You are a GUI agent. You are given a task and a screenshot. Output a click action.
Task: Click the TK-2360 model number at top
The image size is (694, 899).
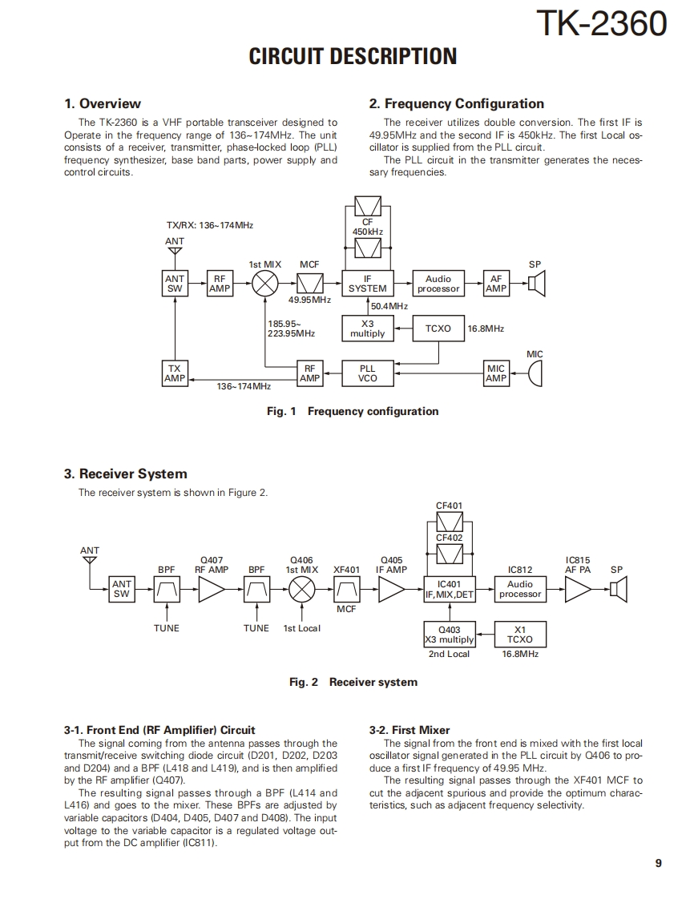(600, 23)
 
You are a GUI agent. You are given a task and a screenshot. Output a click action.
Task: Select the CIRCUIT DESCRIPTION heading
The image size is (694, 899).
(353, 57)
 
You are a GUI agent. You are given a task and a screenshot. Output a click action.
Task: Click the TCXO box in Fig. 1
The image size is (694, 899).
(438, 329)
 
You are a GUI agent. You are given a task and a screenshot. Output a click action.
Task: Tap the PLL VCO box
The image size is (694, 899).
(367, 373)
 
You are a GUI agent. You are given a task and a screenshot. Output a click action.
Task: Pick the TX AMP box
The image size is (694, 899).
(175, 373)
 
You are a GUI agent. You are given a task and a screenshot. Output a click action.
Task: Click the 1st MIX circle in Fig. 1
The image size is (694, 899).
(265, 284)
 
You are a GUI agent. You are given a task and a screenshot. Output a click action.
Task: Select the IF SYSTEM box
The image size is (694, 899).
(367, 284)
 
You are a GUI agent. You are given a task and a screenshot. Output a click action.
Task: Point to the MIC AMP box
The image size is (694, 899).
(496, 373)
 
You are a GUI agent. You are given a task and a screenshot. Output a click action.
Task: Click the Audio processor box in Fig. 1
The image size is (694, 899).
(438, 284)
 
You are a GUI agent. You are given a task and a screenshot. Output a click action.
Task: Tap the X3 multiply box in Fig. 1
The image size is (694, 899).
(367, 329)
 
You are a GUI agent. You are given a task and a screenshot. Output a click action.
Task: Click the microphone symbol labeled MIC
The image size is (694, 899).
(535, 373)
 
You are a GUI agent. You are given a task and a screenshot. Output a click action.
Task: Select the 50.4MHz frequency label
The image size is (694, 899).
(389, 306)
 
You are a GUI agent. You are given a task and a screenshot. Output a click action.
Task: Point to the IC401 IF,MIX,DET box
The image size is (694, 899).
(449, 590)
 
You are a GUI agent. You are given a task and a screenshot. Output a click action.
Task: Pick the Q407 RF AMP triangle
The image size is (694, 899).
(212, 591)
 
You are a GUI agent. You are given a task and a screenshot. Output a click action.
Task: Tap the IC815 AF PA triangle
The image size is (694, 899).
(577, 591)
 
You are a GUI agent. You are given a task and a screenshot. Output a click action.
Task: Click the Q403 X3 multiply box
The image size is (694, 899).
(449, 635)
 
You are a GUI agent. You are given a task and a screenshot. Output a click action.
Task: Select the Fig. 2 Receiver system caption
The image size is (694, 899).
(353, 682)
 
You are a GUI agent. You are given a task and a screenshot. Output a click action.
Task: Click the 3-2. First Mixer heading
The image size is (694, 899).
(410, 730)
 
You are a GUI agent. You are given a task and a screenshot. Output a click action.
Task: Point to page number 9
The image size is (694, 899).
(658, 863)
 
